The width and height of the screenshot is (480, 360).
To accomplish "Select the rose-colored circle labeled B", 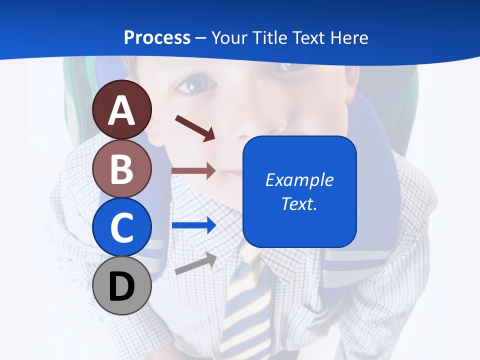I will click(x=121, y=168).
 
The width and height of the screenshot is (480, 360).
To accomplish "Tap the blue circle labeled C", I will click(x=121, y=227).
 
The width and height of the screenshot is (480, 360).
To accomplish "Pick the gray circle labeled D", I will click(x=121, y=285).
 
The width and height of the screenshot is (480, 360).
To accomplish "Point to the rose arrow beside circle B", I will click(x=193, y=170).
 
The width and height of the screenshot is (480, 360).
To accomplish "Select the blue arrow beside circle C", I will click(x=194, y=225).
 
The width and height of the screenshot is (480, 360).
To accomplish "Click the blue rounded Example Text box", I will click(x=299, y=191).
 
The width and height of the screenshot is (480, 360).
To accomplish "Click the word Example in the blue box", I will click(x=299, y=179).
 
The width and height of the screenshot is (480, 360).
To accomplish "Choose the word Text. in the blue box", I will click(x=299, y=203).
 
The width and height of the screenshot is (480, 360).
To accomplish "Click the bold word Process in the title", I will click(x=157, y=37).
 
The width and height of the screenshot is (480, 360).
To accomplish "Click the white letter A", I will click(x=121, y=110).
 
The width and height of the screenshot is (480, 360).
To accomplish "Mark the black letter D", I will click(x=121, y=286).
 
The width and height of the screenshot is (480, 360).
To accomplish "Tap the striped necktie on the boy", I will click(x=245, y=305).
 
